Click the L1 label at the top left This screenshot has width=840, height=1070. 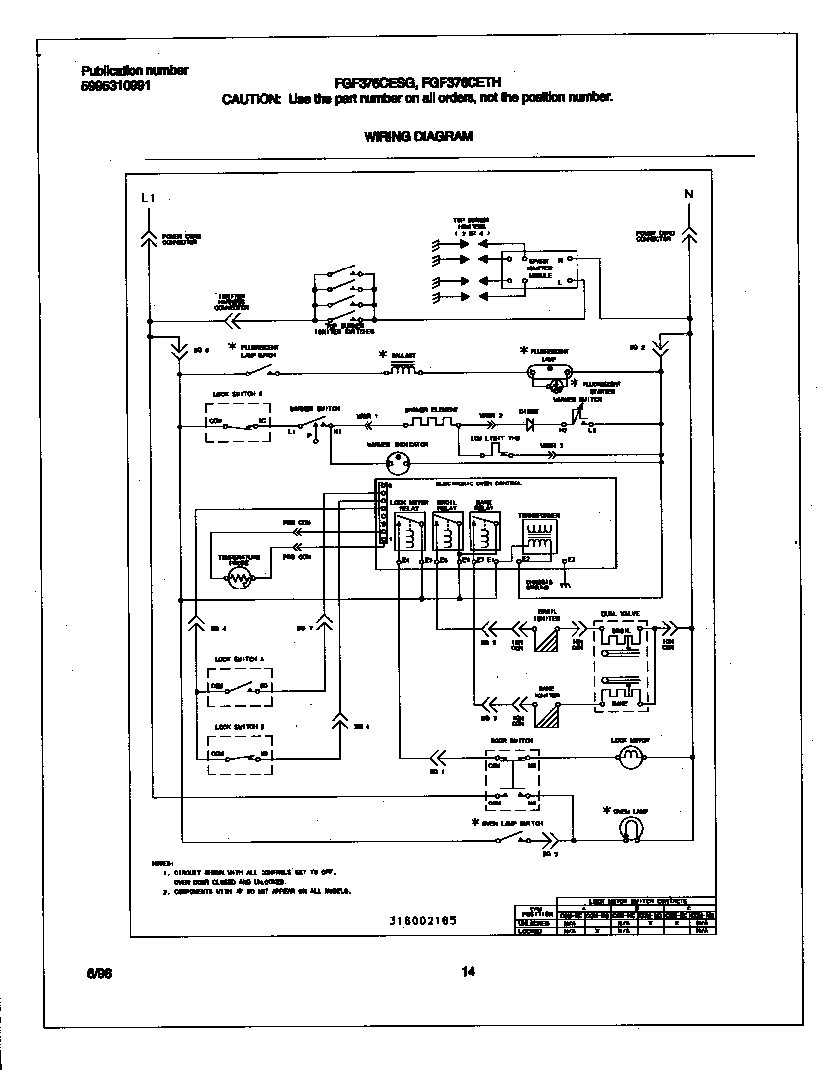tap(149, 198)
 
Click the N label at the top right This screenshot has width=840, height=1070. tap(689, 193)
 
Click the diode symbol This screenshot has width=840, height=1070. tap(528, 423)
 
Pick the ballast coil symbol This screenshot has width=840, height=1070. tap(403, 369)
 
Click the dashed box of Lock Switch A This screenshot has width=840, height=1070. tap(239, 686)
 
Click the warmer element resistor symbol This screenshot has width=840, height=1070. tap(427, 421)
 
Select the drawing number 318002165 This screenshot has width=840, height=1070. tap(423, 920)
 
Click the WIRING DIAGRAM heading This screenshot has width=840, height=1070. tap(418, 137)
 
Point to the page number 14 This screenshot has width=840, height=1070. tap(469, 972)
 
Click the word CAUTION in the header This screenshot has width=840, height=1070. tap(252, 98)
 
